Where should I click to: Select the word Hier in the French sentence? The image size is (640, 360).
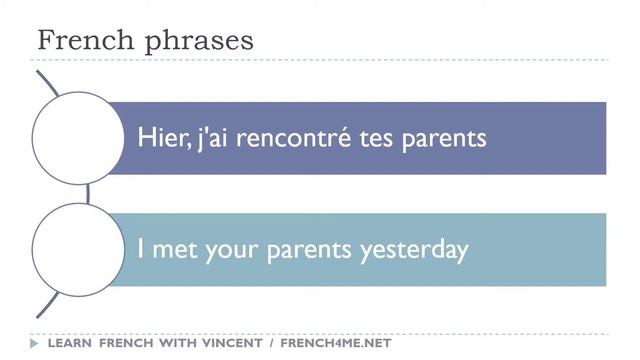158,138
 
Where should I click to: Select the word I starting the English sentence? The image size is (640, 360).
141,250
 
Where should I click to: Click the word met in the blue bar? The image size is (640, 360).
174,250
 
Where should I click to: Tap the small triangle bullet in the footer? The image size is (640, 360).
36,344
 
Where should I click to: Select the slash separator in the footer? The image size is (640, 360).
271,344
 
